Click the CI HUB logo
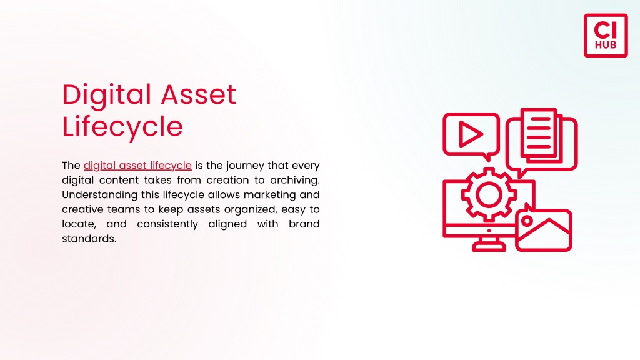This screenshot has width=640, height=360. (x=606, y=36)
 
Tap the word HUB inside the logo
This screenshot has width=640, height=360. (x=606, y=45)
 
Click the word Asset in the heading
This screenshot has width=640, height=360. (x=198, y=95)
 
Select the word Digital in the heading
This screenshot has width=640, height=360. (x=106, y=96)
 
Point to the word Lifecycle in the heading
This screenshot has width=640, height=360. (x=122, y=127)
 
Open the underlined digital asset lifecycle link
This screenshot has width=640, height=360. (x=137, y=166)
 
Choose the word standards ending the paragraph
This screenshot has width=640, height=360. (x=89, y=239)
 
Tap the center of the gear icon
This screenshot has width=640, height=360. (x=489, y=194)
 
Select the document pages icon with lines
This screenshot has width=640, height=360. (x=541, y=135)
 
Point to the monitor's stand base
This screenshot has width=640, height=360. (x=489, y=246)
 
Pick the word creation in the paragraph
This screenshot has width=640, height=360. (x=226, y=181)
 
